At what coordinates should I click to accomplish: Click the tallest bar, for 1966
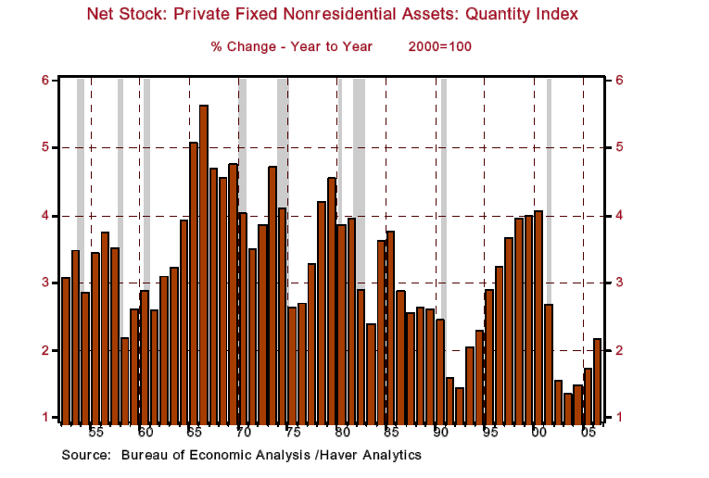[204, 264]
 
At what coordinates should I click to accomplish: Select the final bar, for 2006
[597, 380]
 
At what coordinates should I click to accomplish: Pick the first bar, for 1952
[66, 348]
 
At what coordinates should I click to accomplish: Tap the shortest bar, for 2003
[567, 407]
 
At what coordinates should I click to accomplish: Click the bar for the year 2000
[538, 316]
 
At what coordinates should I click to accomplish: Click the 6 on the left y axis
[44, 81]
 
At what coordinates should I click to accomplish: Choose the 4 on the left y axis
[44, 216]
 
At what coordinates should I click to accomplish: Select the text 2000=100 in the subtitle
[438, 45]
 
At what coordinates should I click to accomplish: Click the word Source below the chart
[82, 455]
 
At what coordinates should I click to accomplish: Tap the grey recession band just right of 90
[443, 250]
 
